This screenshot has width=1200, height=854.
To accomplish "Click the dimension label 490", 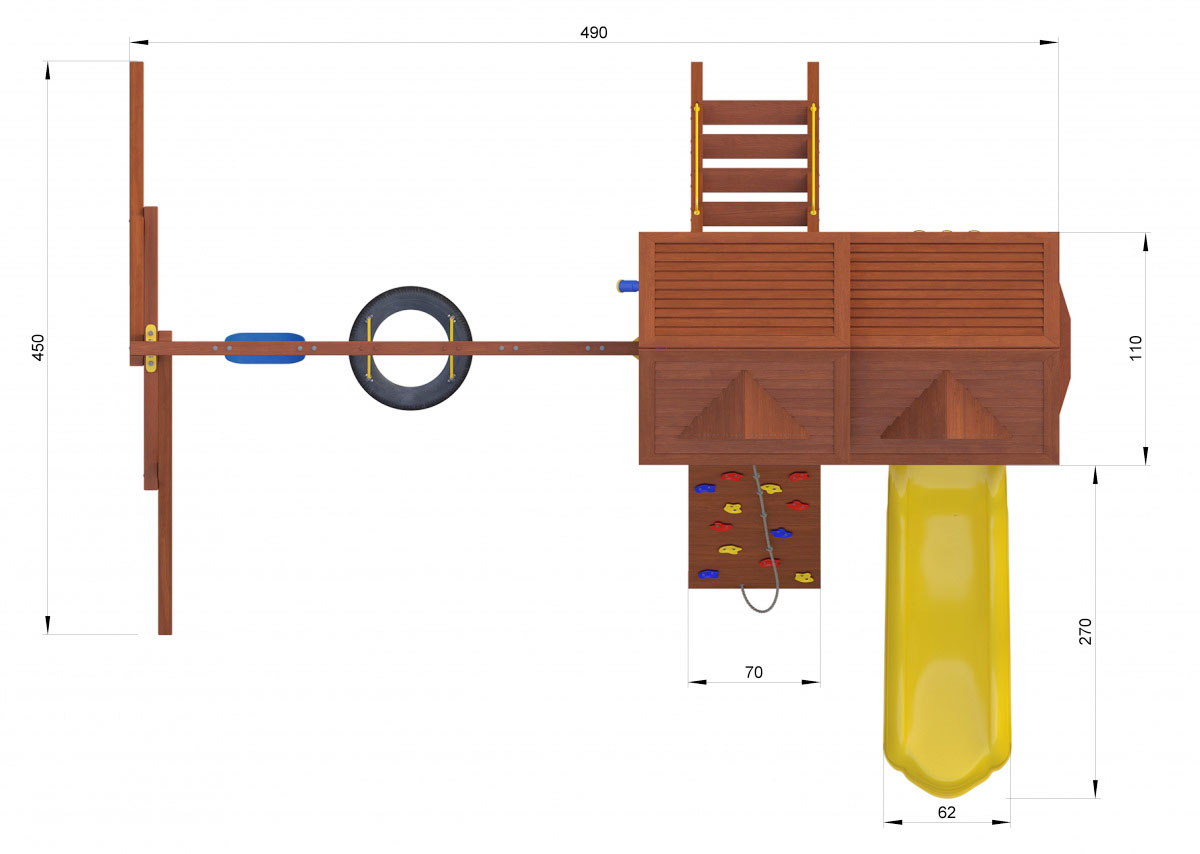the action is [x=594, y=33].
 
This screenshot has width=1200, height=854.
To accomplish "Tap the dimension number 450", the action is [x=38, y=348].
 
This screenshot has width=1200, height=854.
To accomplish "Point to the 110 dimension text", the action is [x=1136, y=348].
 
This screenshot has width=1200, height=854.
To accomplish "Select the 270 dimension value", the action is [x=1085, y=631].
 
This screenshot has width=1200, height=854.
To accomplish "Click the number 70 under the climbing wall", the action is [x=754, y=672].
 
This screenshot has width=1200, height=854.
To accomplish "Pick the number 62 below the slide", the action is [x=947, y=812].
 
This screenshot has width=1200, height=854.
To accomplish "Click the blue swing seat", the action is [x=265, y=348].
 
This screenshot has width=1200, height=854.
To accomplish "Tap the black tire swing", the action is [x=410, y=296].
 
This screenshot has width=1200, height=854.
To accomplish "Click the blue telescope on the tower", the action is [x=627, y=286].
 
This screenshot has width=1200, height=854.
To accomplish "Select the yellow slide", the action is [x=947, y=630].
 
